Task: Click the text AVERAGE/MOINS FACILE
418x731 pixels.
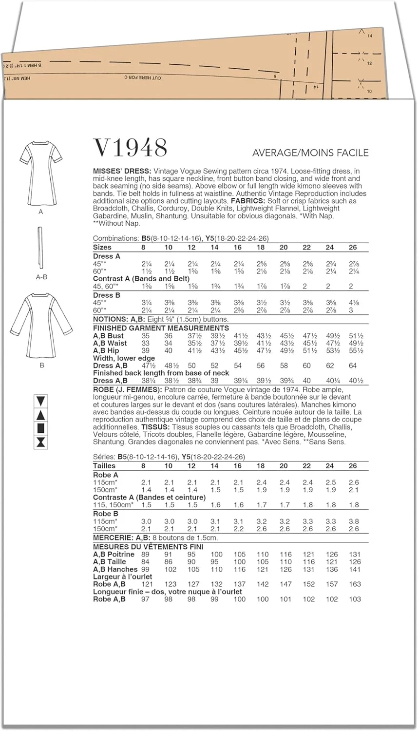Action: (310, 153)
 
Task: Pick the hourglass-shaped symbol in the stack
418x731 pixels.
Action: (41, 442)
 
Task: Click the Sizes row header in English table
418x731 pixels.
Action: (102, 247)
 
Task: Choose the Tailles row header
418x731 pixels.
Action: (104, 465)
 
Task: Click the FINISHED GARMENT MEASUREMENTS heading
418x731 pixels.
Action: (161, 328)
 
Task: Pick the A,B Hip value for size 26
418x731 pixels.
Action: (356, 350)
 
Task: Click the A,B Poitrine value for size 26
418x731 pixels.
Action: (355, 554)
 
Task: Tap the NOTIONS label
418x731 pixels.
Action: (111, 319)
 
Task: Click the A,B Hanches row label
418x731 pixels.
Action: (115, 569)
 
